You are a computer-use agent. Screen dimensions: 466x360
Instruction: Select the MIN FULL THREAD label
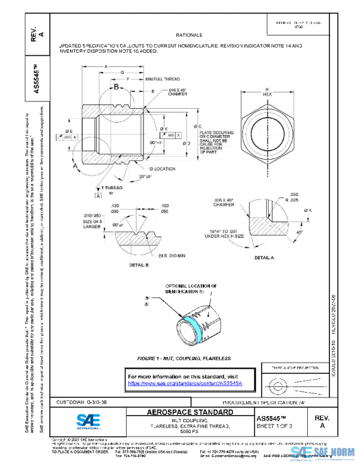coord(163,79)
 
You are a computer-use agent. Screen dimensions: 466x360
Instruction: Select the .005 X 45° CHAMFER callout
coord(230,201)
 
